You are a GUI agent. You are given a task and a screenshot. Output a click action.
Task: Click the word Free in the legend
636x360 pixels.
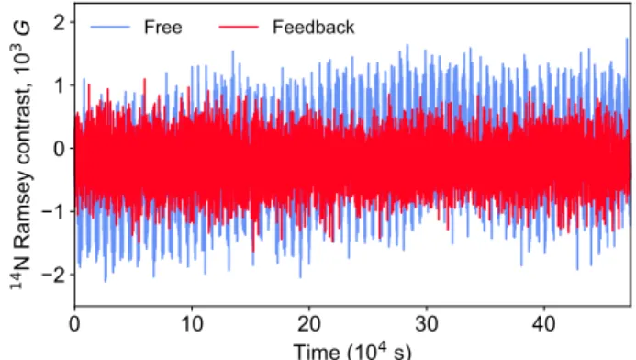(163, 28)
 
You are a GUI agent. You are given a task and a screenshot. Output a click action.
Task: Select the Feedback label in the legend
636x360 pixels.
(314, 28)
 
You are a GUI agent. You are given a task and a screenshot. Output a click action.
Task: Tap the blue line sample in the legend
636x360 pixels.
(110, 28)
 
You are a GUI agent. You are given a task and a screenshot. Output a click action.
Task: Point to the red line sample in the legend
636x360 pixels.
(239, 28)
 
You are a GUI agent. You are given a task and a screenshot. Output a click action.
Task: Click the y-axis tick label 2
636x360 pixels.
(59, 22)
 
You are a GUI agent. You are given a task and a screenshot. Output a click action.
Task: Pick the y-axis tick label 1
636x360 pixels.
(60, 85)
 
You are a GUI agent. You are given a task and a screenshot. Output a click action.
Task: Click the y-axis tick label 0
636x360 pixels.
(59, 149)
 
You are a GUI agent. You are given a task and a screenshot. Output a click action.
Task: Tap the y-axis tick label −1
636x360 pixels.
(52, 211)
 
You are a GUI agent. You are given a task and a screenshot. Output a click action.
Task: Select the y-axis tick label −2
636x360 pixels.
(52, 275)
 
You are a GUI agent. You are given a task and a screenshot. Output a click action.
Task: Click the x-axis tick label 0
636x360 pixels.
(74, 324)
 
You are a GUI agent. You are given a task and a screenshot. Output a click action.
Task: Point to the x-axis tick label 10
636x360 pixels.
(192, 324)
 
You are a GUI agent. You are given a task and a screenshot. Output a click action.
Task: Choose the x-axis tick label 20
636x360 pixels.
(309, 324)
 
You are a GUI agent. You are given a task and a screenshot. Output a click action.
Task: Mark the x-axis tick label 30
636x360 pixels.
(427, 324)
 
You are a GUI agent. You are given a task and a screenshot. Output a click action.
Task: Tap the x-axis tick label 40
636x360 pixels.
(543, 324)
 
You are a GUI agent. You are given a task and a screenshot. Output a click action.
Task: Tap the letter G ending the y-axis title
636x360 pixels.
(23, 28)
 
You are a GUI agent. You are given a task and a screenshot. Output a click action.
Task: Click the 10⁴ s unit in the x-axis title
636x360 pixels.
(379, 351)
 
